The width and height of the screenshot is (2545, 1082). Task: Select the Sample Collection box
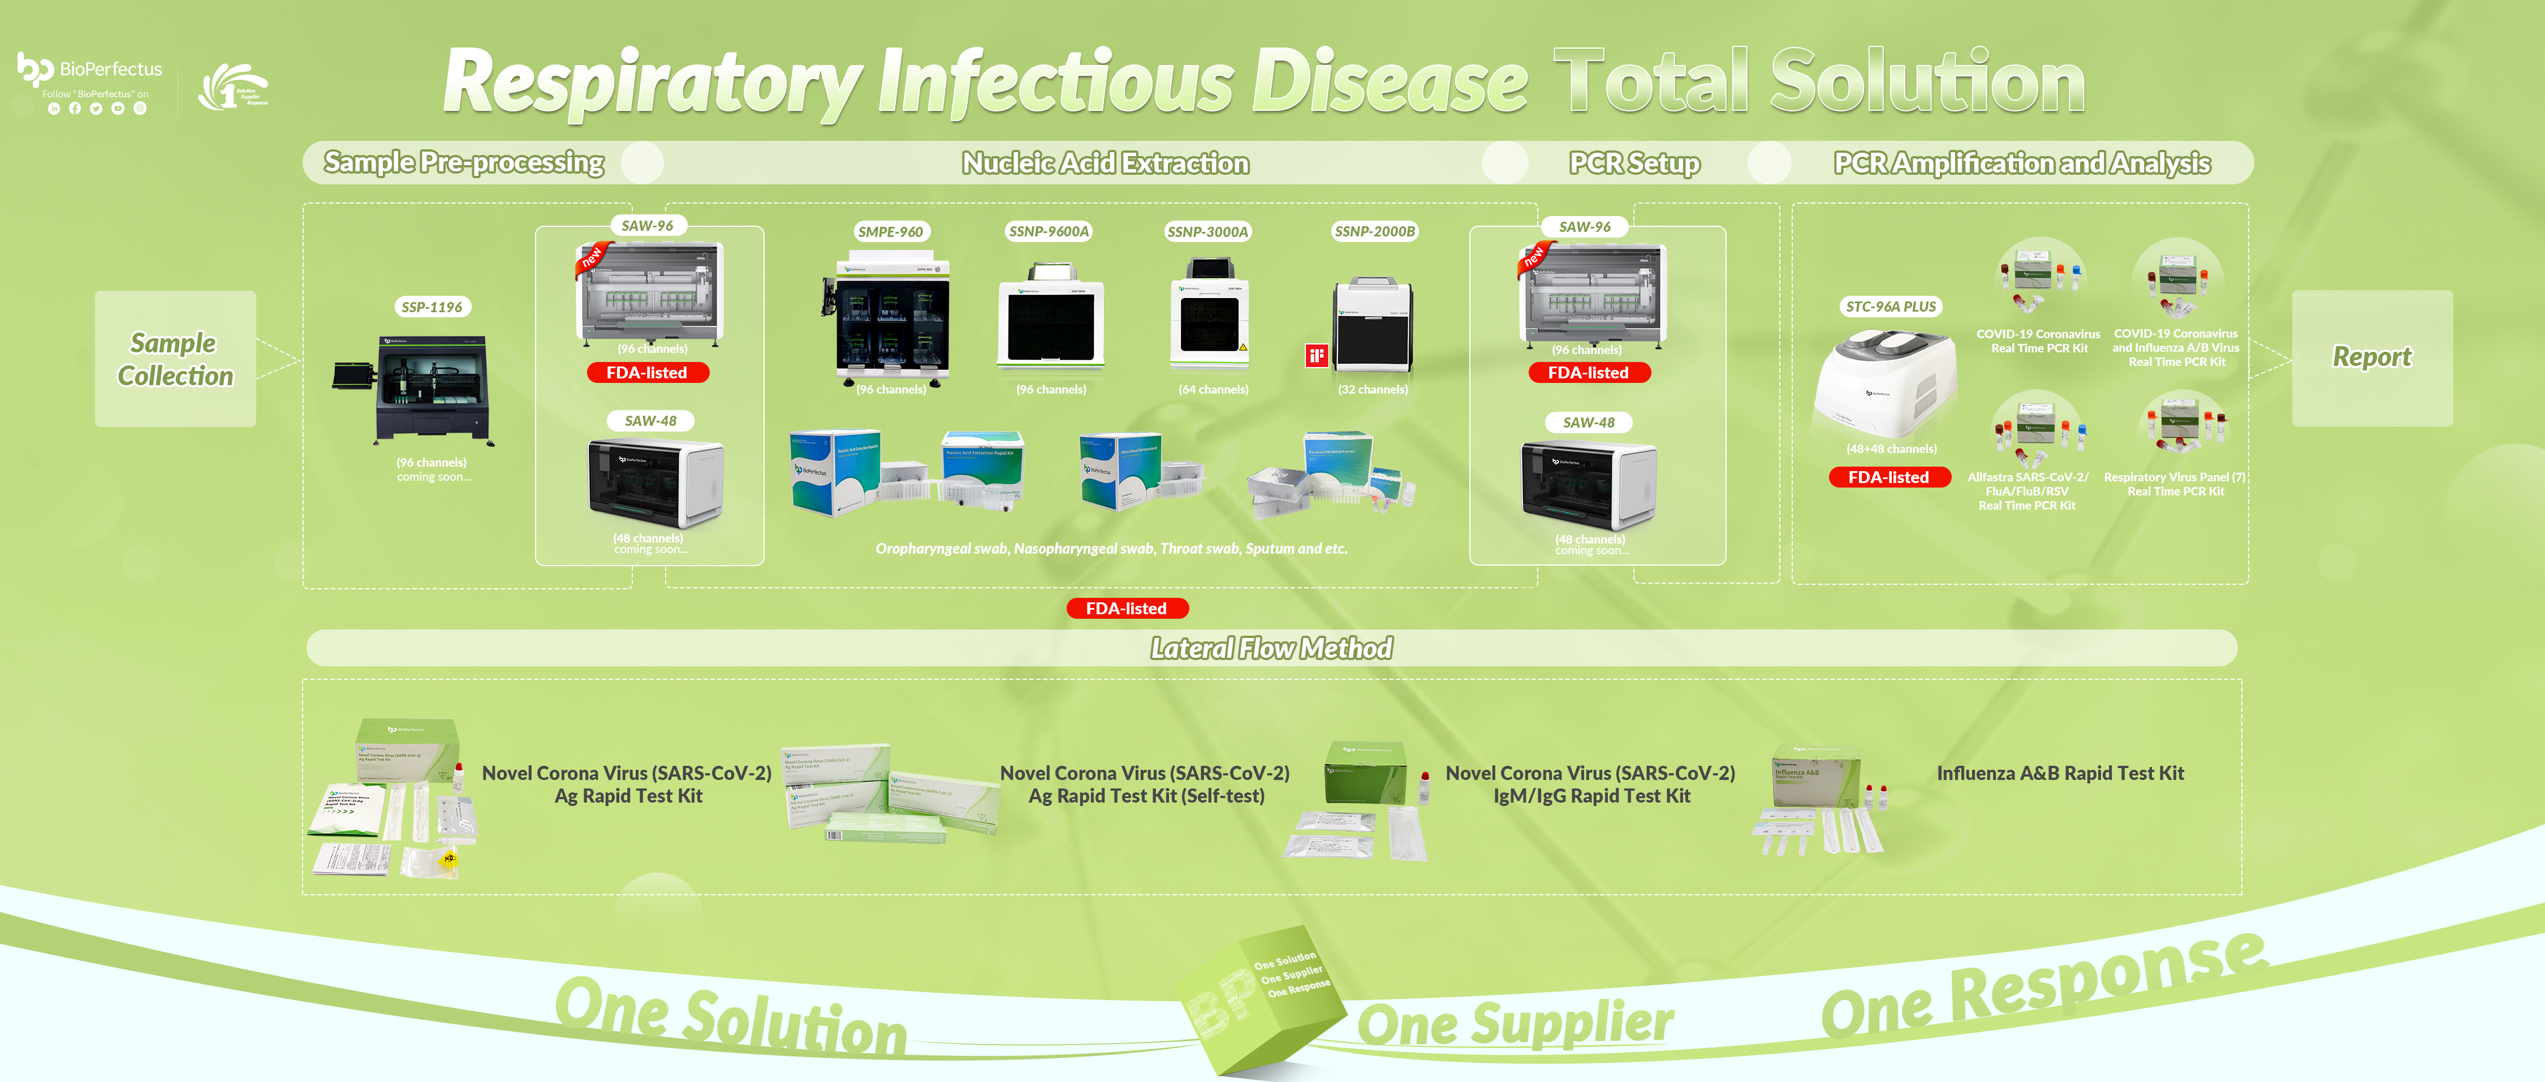click(x=175, y=359)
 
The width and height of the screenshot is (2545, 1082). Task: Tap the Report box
click(x=2371, y=357)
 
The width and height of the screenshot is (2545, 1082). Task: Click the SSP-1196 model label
click(x=432, y=307)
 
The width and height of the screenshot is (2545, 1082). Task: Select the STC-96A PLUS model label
click(x=1890, y=307)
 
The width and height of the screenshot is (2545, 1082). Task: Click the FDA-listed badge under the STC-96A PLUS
click(x=1888, y=477)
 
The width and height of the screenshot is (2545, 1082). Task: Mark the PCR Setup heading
click(x=1634, y=163)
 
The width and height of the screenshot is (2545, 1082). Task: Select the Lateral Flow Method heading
click(x=1271, y=648)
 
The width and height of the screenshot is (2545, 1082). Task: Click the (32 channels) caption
click(x=1372, y=389)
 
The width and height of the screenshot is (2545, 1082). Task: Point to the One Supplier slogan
click(x=1515, y=1023)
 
